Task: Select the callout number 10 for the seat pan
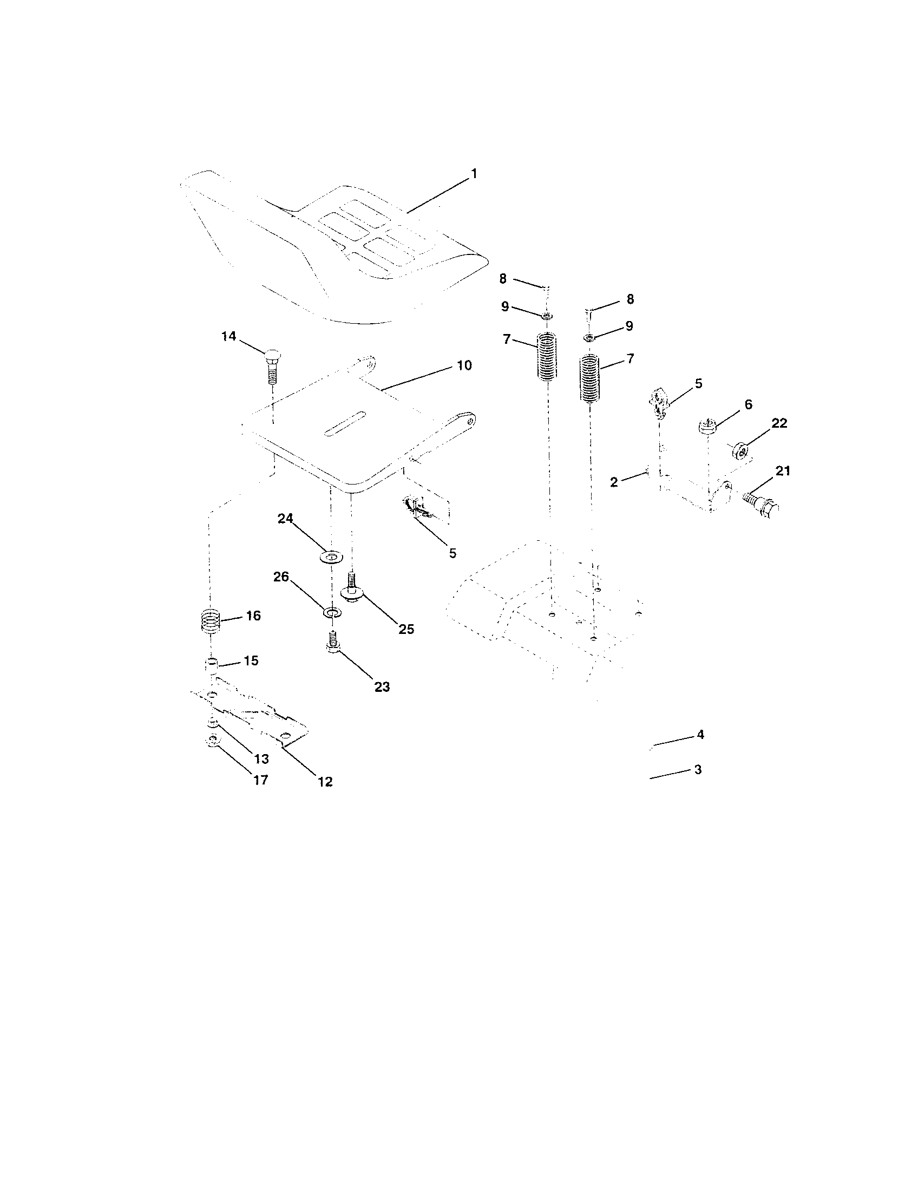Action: (464, 365)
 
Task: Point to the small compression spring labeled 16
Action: (211, 620)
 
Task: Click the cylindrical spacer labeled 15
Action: (212, 666)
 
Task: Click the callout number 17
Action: (261, 780)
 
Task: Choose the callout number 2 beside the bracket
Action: (614, 482)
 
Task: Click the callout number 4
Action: (700, 735)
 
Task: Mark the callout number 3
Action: (698, 769)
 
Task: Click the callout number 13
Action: (261, 758)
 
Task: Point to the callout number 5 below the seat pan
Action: (453, 553)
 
